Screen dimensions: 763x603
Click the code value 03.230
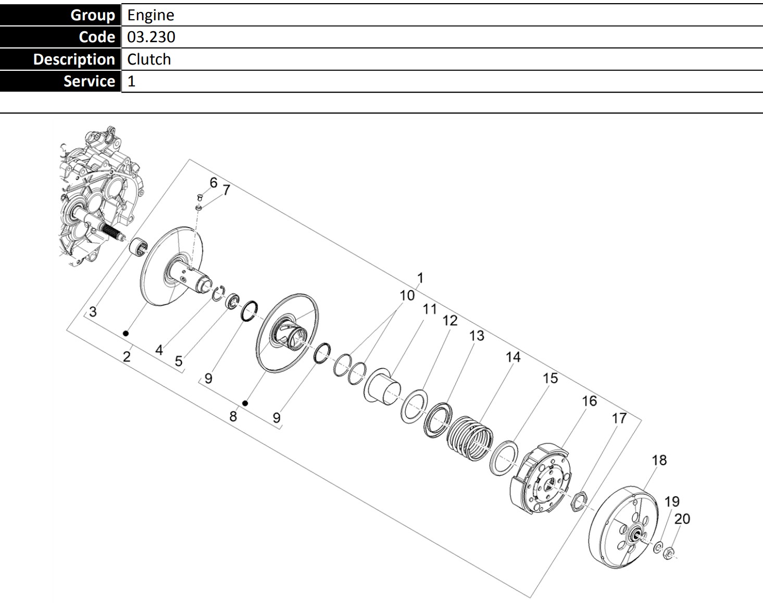pos(151,37)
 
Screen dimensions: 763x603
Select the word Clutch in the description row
pos(149,59)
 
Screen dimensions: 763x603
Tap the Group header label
pos(93,15)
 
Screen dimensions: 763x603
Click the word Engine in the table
pos(151,15)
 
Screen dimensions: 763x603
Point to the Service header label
pos(90,81)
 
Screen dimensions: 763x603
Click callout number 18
pos(659,460)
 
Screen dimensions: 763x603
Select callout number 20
pos(682,519)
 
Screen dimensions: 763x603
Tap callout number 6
pos(214,183)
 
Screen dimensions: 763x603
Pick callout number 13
pos(477,336)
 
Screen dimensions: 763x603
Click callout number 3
pos(93,312)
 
